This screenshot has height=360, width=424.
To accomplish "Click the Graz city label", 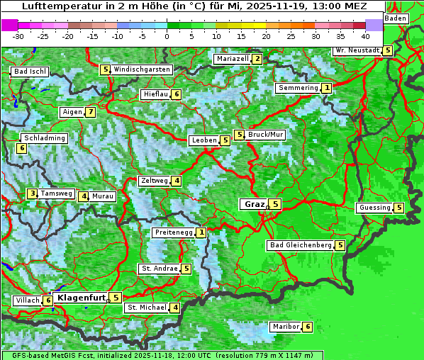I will pos(253,204).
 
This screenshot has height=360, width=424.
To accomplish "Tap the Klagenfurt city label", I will pos(81,298).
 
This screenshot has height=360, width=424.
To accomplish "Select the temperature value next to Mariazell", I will pos(257,59).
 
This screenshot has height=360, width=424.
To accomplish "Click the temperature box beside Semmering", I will pos(326,88).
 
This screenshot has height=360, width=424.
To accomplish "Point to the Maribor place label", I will pos(285,327).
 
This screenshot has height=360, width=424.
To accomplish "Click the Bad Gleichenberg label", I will pos(301,245).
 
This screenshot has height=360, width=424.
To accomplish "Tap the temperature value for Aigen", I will pos(91,112).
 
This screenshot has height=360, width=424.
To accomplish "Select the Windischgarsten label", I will pos(142,69).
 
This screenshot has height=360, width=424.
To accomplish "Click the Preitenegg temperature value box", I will pos(202,232).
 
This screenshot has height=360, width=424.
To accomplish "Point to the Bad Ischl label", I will pos(30,72).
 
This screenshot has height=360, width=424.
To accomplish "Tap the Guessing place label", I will pos(375,208).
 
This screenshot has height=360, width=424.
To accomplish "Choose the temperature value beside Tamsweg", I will pos(32,193).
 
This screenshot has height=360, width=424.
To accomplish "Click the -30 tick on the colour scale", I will pos(18,35).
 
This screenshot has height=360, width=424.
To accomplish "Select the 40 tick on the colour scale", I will pos(364,35).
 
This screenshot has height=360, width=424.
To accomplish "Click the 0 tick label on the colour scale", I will pos(167,35).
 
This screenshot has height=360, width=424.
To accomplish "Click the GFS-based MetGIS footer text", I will pos(50,355).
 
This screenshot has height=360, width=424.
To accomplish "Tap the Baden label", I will pos(396,18).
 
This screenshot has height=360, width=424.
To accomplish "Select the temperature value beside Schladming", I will pos(22,148).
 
